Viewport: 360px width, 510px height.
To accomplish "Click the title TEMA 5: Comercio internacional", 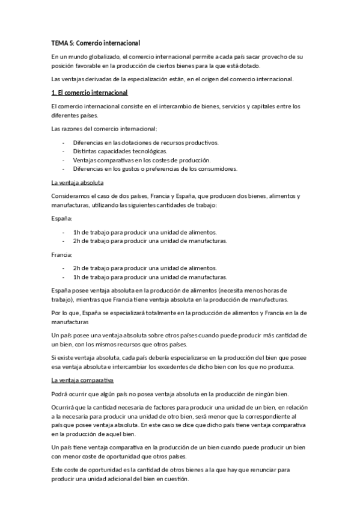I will click(x=95, y=43).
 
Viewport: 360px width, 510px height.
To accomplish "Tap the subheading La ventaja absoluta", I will click(x=78, y=183).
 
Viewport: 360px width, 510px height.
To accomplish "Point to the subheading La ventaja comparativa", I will click(x=83, y=381).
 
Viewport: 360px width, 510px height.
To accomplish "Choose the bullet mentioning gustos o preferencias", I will click(x=155, y=169).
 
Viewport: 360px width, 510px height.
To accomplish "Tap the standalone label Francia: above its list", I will click(x=62, y=254).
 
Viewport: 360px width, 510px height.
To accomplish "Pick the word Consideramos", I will click(x=73, y=197).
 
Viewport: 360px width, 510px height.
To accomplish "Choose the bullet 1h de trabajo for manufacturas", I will click(x=150, y=277).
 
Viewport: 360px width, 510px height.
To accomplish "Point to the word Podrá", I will click(x=60, y=394).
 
